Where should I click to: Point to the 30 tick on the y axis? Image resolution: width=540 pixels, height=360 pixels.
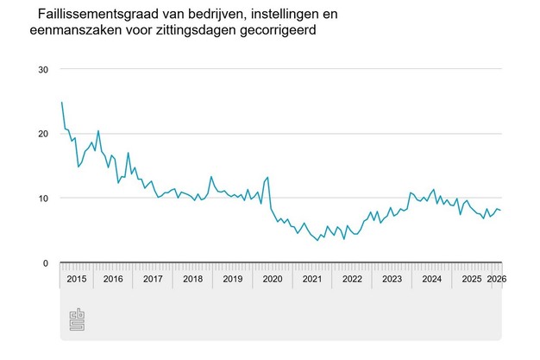coord(43,69)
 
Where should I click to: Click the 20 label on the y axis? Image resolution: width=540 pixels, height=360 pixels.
coord(43,134)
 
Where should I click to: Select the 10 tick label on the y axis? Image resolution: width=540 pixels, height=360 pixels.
coord(43,198)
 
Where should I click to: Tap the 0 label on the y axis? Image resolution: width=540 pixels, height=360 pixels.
coord(47,262)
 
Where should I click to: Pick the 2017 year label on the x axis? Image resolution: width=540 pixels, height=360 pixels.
coord(153,279)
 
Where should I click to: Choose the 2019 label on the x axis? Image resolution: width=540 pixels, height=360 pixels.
coord(232,279)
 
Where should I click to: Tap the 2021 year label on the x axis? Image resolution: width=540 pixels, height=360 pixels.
coord(311,279)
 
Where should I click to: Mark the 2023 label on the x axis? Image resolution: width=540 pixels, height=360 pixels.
coord(392,279)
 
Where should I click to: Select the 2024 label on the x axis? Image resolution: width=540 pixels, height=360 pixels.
coord(431,279)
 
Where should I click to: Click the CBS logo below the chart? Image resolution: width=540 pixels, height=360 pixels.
coord(75,319)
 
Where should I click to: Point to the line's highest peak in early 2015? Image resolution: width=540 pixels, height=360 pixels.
coord(62,103)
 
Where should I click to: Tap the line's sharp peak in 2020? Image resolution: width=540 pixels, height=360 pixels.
coord(268,177)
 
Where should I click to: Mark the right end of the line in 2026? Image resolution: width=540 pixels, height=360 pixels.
coord(500,211)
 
